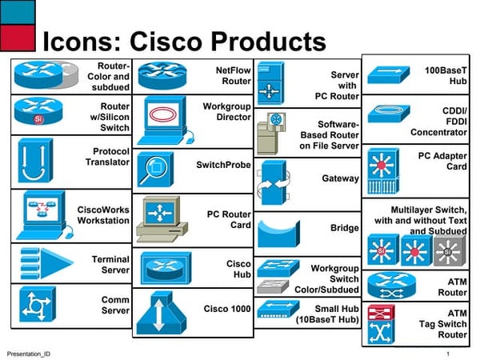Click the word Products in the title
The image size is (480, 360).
tap(268, 40)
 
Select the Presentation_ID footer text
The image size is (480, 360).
tap(29, 353)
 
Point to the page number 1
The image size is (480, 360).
tap(449, 353)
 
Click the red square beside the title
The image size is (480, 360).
tap(18, 37)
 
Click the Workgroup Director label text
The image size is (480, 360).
tap(227, 111)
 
